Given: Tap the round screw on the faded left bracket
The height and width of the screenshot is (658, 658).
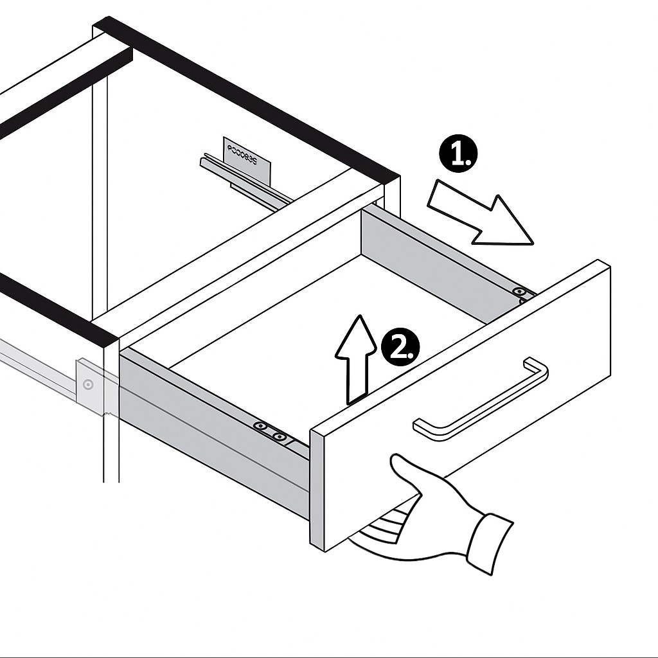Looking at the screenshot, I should click(x=88, y=385).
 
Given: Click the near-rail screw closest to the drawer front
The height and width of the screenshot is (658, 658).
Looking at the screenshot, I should click(x=279, y=437).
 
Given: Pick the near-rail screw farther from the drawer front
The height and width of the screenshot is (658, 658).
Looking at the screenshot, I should click(x=260, y=425).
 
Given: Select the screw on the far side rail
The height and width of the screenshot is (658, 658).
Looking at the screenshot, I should click(x=518, y=292).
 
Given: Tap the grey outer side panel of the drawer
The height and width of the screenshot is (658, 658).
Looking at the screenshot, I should click(x=212, y=437).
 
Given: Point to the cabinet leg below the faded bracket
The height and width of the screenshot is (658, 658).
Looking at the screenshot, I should click(x=111, y=450).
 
